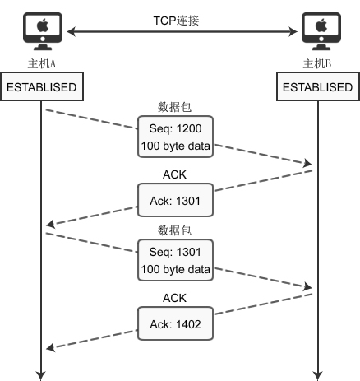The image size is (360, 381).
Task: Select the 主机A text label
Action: pyautogui.click(x=41, y=63)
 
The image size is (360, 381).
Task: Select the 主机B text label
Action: pyautogui.click(x=317, y=63)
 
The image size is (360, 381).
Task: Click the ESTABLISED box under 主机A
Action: pyautogui.click(x=42, y=87)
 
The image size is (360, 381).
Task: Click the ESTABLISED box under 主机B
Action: pyautogui.click(x=317, y=87)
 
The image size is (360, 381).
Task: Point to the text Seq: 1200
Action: pyautogui.click(x=175, y=130)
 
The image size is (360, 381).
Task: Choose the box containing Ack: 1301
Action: pyautogui.click(x=175, y=198)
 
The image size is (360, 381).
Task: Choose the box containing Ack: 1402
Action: pyautogui.click(x=175, y=324)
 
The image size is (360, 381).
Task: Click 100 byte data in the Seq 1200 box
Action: pyautogui.click(x=175, y=146)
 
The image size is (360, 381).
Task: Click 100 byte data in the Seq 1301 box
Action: pyautogui.click(x=175, y=269)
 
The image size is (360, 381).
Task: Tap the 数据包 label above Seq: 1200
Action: pyautogui.click(x=175, y=107)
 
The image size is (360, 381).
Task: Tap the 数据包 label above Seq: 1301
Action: pyautogui.click(x=175, y=230)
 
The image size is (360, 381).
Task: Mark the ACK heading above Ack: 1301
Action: pyautogui.click(x=175, y=174)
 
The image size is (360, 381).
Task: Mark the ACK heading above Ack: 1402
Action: pyautogui.click(x=175, y=297)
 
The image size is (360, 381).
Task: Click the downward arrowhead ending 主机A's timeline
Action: pyautogui.click(x=41, y=375)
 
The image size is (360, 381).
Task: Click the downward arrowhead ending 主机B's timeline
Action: pyautogui.click(x=317, y=375)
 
